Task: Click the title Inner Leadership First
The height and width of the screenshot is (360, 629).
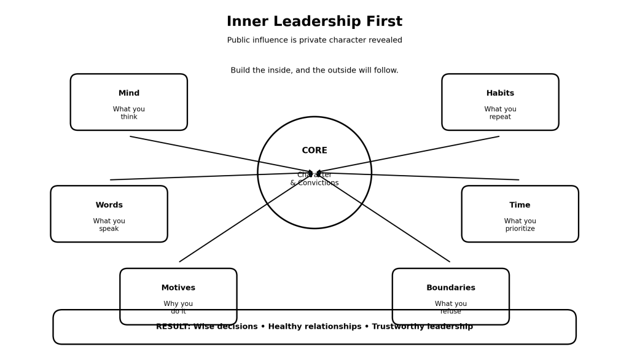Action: click(314, 22)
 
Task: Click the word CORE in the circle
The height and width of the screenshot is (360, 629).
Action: click(314, 151)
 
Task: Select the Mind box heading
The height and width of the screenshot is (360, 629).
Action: click(129, 93)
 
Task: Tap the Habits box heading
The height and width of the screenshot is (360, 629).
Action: click(500, 93)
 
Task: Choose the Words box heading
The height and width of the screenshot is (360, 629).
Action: click(109, 205)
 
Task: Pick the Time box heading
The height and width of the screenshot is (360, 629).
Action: click(520, 205)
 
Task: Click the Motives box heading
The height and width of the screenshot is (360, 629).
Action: click(178, 288)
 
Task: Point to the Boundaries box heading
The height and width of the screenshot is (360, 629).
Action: click(451, 288)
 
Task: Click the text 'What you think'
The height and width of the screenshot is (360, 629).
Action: click(129, 113)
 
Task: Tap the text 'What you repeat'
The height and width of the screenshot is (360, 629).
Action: click(500, 113)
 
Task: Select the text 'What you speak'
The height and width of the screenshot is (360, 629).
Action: click(109, 225)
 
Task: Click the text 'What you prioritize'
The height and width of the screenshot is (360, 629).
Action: click(520, 225)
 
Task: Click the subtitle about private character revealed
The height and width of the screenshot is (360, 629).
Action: click(314, 41)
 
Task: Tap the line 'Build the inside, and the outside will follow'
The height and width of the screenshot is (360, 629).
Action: click(314, 71)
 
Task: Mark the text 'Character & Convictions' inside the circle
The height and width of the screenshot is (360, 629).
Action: click(314, 179)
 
